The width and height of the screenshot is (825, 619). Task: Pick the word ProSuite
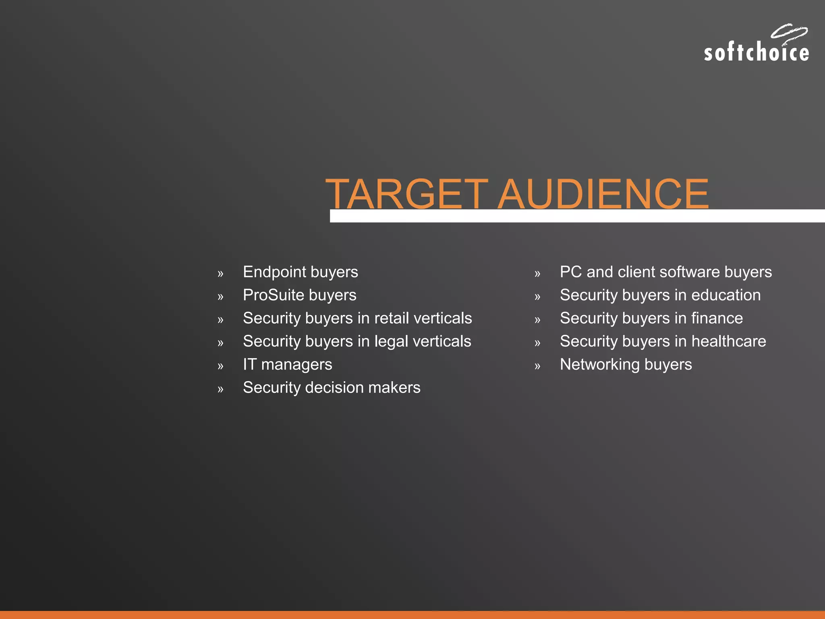click(274, 295)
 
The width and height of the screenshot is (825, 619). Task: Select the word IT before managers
click(249, 364)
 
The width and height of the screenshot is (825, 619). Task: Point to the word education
click(726, 295)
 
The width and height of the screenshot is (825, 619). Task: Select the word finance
click(717, 318)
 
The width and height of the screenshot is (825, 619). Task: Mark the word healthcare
click(729, 341)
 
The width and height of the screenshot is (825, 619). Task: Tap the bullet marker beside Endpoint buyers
click(220, 274)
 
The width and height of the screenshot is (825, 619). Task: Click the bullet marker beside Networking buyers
click(537, 366)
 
